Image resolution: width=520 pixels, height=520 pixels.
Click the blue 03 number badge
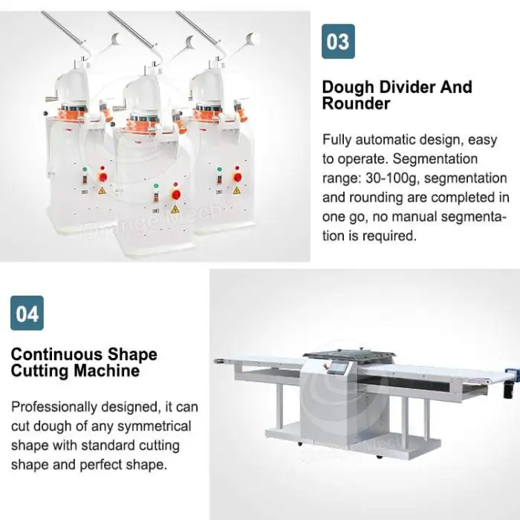point(338,42)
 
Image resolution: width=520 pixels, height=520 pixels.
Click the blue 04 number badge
point(27,313)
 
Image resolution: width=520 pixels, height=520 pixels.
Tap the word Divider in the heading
point(409,87)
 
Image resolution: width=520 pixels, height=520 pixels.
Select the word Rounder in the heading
point(356,103)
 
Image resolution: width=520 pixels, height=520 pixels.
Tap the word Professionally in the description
point(54,408)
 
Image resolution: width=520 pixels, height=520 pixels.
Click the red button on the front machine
point(176,195)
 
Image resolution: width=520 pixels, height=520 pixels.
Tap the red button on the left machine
point(103,177)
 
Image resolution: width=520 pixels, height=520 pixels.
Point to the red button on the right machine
point(238,178)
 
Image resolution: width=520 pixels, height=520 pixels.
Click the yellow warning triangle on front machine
point(175,209)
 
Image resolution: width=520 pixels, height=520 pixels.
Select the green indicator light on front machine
point(156,186)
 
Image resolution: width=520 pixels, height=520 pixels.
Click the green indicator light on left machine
point(85,169)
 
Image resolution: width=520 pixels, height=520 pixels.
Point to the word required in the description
point(389,236)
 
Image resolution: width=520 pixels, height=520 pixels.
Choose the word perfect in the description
point(101,465)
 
